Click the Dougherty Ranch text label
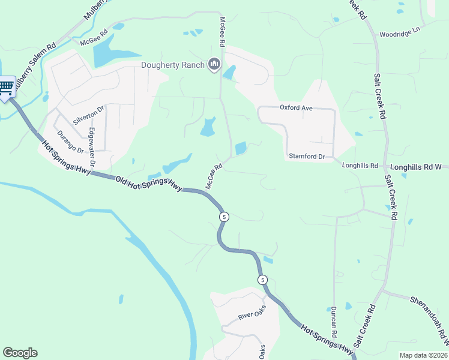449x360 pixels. click(x=173, y=65)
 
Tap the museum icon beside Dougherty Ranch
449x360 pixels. click(x=214, y=65)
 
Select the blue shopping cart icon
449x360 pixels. click(x=7, y=88)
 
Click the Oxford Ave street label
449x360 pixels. click(x=297, y=108)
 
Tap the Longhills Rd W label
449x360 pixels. click(x=416, y=166)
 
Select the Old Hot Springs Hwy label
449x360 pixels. click(x=148, y=182)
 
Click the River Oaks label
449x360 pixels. click(x=252, y=316)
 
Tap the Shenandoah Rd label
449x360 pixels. click(x=430, y=320)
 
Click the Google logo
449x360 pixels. click(x=20, y=353)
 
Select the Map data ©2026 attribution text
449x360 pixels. click(x=423, y=355)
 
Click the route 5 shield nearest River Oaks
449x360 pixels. click(x=262, y=280)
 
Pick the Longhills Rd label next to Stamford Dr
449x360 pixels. click(x=360, y=166)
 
